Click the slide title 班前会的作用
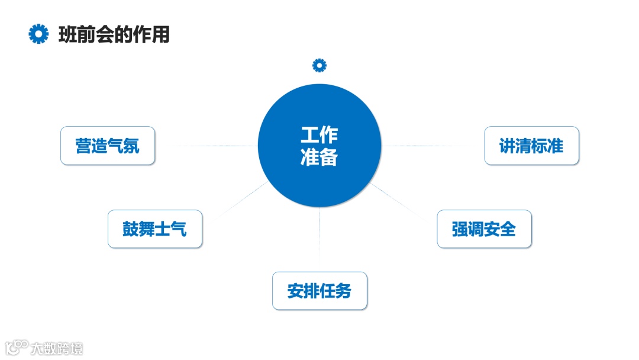[114, 34]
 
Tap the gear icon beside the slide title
[38, 34]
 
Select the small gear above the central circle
[319, 65]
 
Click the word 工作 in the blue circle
[319, 135]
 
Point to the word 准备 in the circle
[319, 158]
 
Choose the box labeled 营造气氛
[108, 146]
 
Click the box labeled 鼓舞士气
[155, 229]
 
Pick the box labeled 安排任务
[319, 291]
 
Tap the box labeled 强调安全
[484, 229]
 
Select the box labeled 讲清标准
[531, 146]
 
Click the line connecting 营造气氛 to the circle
[207, 146]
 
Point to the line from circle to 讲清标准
[432, 146]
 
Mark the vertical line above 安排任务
[319, 237]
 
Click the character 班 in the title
[67, 34]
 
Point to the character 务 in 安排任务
[343, 291]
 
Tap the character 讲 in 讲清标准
[508, 146]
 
